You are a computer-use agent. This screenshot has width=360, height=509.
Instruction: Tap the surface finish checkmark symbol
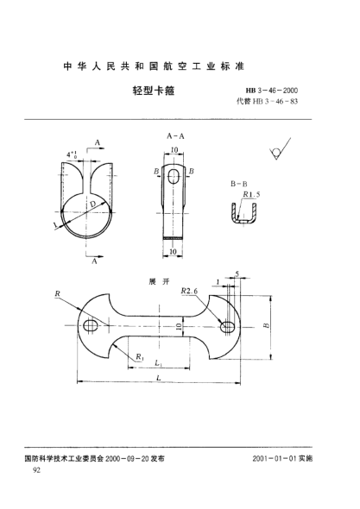click(275, 154)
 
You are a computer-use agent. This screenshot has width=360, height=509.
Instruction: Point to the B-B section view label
click(237, 184)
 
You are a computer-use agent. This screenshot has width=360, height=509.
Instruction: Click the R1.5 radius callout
click(253, 195)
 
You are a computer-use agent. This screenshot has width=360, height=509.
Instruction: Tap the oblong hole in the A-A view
click(175, 176)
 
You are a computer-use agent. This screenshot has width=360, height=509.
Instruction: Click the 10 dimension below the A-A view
click(174, 252)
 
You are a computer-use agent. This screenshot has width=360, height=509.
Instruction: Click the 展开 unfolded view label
click(157, 282)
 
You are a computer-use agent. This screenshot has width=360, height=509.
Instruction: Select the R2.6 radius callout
click(193, 293)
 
